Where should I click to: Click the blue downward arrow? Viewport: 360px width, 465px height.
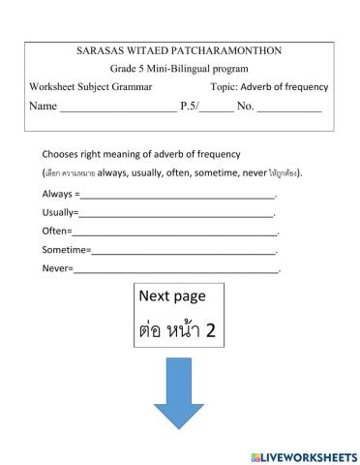click(x=180, y=395)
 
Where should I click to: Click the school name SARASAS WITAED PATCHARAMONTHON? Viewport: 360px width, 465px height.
click(x=180, y=49)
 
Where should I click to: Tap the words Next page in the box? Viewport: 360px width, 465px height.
click(x=179, y=296)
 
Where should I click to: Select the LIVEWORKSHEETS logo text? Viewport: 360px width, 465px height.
click(x=304, y=455)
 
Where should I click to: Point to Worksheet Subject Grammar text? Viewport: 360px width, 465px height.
click(x=91, y=87)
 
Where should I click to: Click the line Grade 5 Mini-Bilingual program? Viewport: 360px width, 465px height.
click(x=179, y=69)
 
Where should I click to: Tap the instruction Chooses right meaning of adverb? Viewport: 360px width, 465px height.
click(x=141, y=154)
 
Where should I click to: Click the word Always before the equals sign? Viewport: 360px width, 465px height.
click(x=56, y=195)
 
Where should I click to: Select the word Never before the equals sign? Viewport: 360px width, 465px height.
click(x=54, y=268)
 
